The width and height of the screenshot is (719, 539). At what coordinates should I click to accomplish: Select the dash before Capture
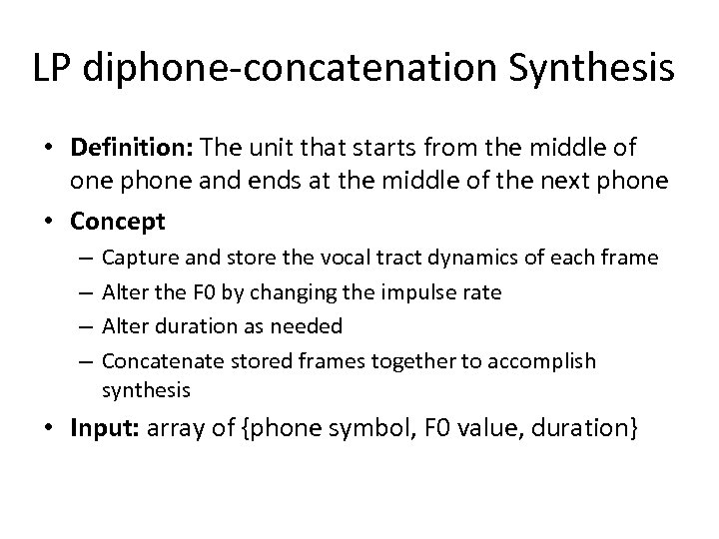pyautogui.click(x=83, y=259)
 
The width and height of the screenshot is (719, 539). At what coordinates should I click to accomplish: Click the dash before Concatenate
pyautogui.click(x=83, y=361)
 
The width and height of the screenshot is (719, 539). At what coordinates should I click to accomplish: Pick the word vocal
pyautogui.click(x=342, y=258)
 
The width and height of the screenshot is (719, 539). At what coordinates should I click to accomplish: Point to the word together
pyautogui.click(x=407, y=361)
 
